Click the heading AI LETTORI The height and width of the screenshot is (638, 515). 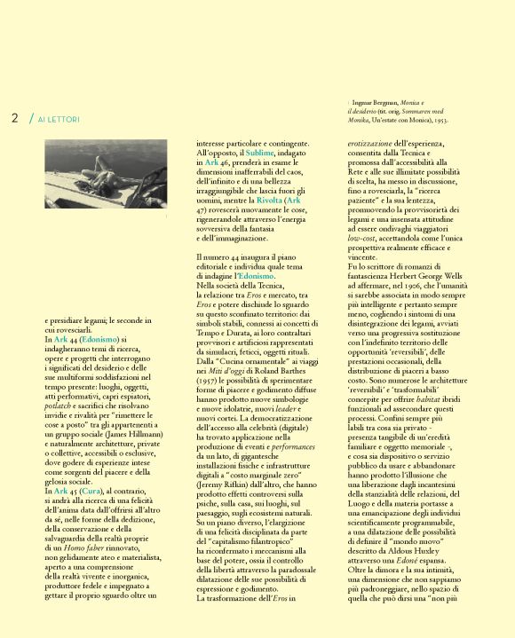tap(59, 119)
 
